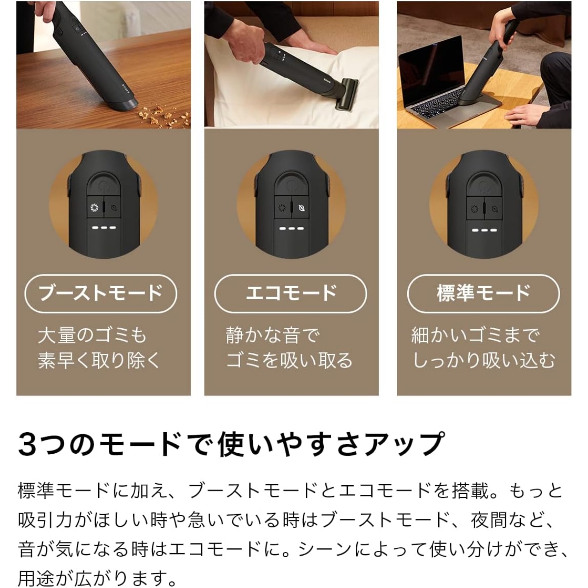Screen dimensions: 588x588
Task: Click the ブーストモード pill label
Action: click(101, 294)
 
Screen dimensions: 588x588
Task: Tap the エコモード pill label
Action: click(291, 294)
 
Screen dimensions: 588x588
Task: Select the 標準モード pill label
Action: click(483, 294)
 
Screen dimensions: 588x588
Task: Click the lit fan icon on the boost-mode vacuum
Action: click(95, 208)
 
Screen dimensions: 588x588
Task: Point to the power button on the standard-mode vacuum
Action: click(484, 184)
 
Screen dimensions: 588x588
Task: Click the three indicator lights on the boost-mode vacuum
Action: click(104, 228)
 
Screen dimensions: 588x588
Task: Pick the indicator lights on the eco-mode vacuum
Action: click(292, 228)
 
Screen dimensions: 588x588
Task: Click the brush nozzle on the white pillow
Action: click(346, 93)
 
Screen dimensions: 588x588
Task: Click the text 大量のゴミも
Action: click(92, 335)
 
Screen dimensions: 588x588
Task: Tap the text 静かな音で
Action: click(272, 335)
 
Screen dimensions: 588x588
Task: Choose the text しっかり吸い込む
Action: click(483, 361)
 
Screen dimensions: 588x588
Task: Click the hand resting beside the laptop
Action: click(522, 115)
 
